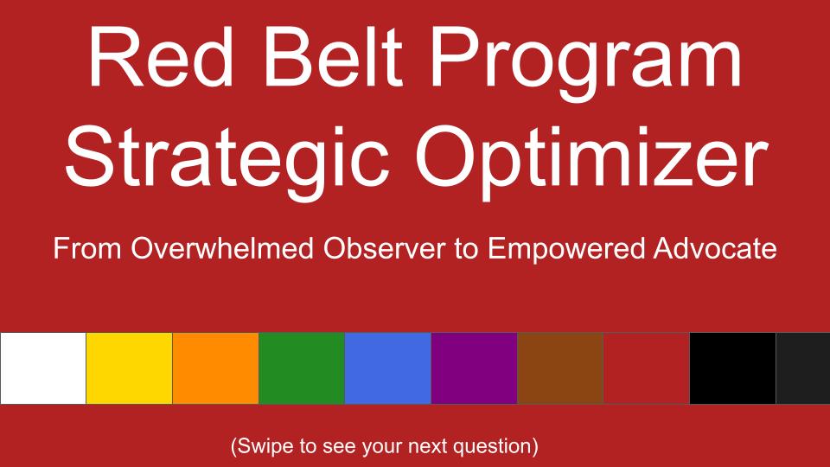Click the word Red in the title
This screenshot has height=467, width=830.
click(x=162, y=57)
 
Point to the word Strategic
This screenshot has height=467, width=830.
click(x=228, y=159)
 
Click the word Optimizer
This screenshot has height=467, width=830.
click(x=591, y=159)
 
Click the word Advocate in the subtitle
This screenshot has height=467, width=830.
click(x=715, y=248)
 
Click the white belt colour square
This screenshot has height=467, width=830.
click(x=43, y=368)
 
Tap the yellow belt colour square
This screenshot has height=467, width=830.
click(x=129, y=368)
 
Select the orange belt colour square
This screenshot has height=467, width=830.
click(x=215, y=368)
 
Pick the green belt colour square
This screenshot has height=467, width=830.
click(x=302, y=368)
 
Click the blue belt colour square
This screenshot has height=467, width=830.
click(x=388, y=368)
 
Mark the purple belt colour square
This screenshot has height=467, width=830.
click(x=475, y=368)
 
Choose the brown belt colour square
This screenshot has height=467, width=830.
click(x=560, y=368)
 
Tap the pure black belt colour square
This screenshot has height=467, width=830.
click(x=732, y=368)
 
